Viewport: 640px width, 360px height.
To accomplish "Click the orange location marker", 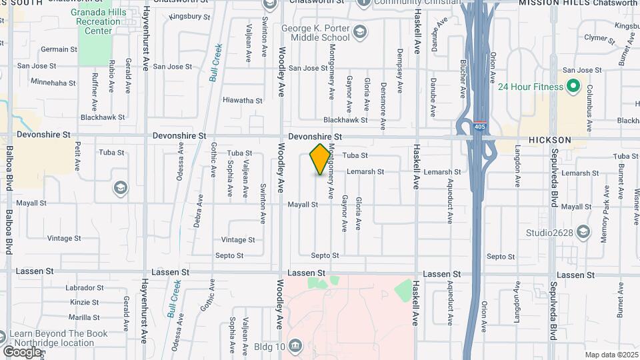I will point(320,159).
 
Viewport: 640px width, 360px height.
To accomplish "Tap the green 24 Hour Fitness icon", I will point(572,87).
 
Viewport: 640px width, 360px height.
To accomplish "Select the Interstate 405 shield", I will point(480,126).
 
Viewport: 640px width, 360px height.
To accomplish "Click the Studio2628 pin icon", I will point(583,232).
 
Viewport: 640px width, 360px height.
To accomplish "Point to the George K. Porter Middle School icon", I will point(359,32).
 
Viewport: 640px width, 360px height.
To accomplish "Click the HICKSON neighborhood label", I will point(549,140).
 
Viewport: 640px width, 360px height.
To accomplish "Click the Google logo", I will point(22,351).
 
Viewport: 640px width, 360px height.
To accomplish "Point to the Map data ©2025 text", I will point(611,355).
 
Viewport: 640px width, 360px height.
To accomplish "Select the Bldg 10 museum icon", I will point(296,346).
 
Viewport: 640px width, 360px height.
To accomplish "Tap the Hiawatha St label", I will point(242,100).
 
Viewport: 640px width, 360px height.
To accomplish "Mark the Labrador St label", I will point(85,288).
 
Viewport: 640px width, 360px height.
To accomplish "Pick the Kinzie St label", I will point(84,303).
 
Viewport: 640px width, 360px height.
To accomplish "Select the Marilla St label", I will point(84,318).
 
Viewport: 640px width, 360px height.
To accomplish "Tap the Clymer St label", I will point(597,39).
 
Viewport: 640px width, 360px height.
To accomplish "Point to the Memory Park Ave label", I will point(606,207).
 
